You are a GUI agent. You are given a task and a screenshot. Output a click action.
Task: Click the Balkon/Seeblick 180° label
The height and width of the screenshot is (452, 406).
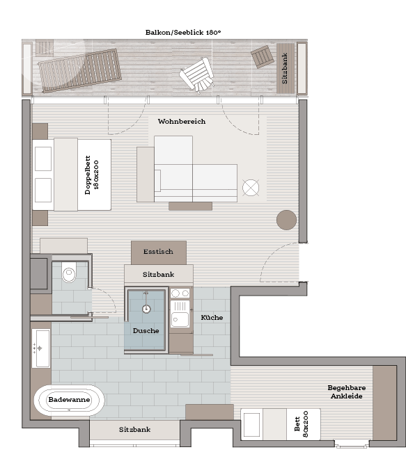click(183, 32)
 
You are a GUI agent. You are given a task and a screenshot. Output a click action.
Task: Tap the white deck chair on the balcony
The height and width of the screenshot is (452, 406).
click(197, 74)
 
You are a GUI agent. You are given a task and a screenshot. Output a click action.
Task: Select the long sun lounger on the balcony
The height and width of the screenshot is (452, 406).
click(79, 70)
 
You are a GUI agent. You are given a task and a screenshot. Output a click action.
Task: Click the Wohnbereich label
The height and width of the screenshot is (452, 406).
click(182, 122)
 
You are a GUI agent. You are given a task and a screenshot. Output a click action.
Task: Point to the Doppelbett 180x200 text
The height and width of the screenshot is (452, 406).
click(92, 175)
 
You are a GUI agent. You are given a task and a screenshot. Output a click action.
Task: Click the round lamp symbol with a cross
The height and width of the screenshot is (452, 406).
click(251, 188)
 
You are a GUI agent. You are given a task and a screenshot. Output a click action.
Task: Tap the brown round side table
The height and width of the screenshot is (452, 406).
click(286, 220)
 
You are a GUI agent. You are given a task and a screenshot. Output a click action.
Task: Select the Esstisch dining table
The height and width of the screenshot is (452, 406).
click(159, 253)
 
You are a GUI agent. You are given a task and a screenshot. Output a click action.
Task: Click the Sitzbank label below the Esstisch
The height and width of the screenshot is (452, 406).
click(159, 274)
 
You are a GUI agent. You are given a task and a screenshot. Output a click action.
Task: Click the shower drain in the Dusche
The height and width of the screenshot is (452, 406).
click(146, 309)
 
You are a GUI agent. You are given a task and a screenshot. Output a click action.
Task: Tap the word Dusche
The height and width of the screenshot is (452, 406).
click(146, 330)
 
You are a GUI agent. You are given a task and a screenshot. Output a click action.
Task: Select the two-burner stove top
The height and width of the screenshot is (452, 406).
click(180, 293)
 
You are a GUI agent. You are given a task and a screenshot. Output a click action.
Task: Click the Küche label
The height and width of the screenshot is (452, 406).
click(212, 317)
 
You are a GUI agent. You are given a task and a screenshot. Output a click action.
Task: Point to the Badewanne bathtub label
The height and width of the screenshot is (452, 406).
click(70, 400)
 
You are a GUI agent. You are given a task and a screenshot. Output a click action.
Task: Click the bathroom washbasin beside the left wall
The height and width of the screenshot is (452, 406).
click(41, 348)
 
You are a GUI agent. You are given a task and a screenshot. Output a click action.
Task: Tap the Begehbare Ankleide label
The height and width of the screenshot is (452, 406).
click(347, 392)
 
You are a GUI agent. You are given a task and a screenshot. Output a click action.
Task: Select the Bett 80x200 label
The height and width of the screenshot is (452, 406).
click(302, 424)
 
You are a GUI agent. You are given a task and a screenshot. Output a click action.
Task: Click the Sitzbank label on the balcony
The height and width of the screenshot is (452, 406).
click(285, 68)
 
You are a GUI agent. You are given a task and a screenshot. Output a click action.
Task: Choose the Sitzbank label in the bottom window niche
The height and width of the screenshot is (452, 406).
click(134, 430)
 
